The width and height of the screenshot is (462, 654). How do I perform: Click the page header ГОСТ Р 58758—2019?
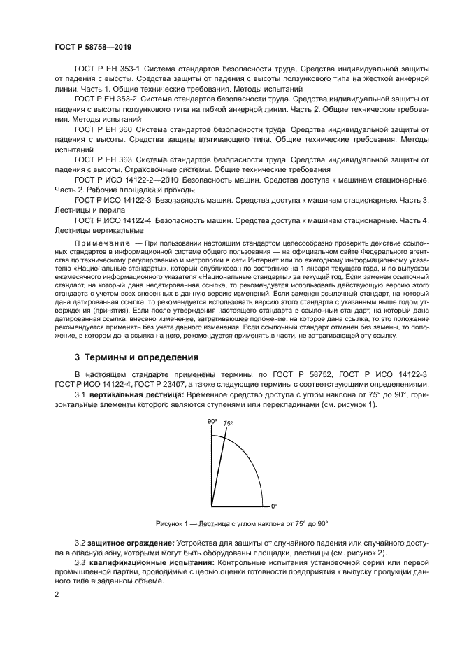tap(92, 45)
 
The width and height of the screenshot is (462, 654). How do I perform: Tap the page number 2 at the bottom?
tap(56, 594)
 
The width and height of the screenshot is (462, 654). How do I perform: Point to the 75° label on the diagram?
tap(228, 424)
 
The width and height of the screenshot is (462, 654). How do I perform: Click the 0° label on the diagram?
tap(274, 505)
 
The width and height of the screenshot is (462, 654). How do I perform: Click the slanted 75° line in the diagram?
tap(219, 466)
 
